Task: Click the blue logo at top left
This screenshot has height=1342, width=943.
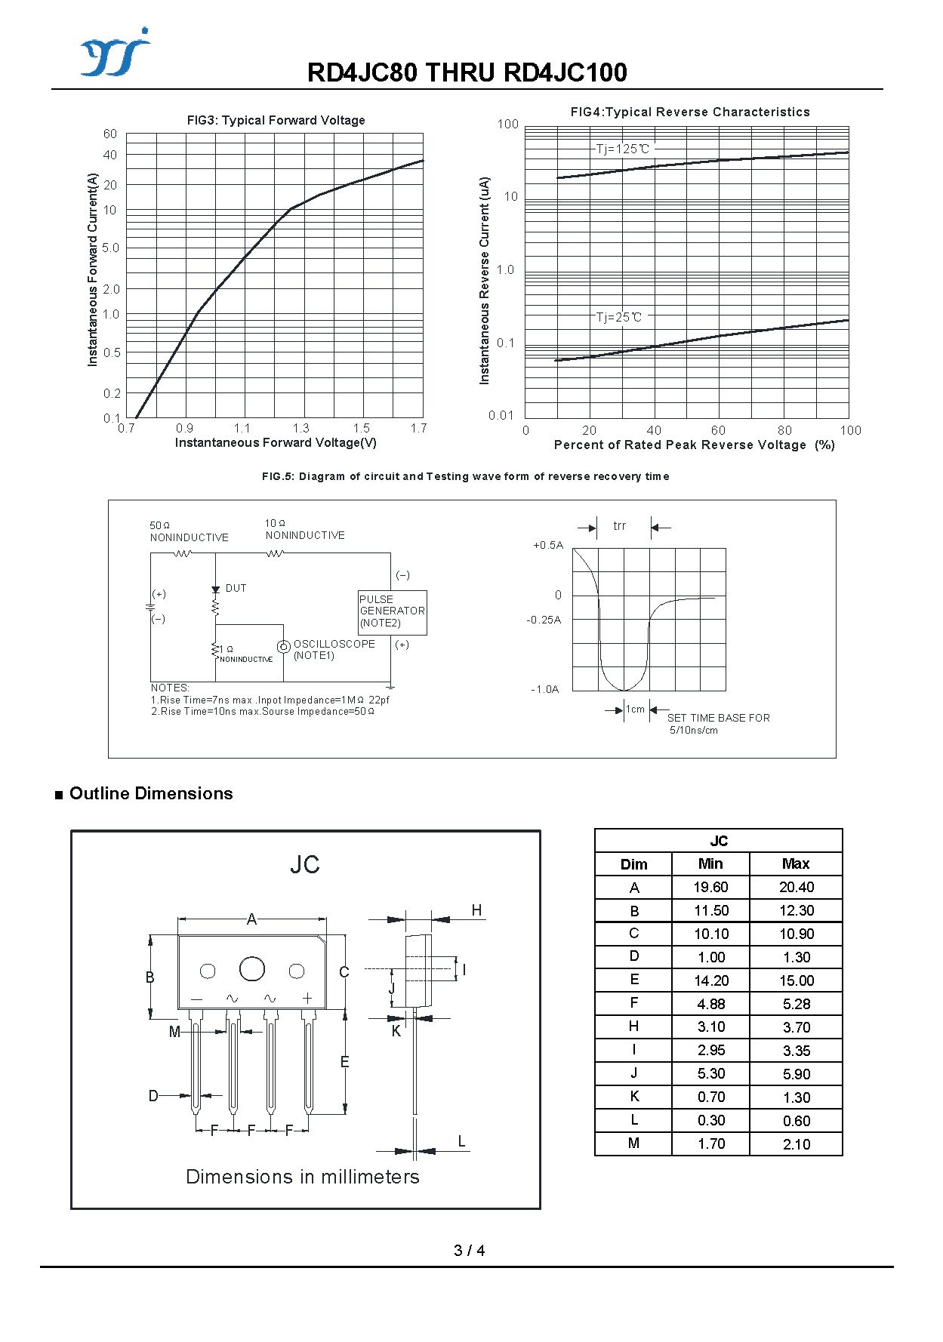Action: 115,53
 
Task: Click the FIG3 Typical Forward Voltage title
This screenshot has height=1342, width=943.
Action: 276,120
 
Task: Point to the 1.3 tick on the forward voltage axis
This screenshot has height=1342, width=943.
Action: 300,429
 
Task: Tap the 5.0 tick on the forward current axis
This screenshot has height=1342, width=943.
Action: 111,248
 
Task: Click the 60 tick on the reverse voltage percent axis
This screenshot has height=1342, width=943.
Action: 718,430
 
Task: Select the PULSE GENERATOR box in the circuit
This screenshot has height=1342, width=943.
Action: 392,611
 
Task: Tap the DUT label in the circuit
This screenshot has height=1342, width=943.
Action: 236,588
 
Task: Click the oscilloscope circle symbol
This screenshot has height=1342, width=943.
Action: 284,647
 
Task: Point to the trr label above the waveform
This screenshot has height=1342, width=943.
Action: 619,526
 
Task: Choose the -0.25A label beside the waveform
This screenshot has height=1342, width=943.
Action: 544,620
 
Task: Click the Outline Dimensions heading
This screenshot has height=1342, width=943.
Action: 151,793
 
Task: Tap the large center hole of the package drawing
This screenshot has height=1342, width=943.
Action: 252,969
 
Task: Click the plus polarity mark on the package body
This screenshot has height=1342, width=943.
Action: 307,998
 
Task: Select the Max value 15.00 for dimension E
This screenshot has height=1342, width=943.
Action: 797,980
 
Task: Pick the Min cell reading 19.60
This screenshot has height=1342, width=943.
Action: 710,887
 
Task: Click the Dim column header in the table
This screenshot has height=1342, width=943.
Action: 633,864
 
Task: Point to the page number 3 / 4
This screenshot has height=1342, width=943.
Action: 469,1251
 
